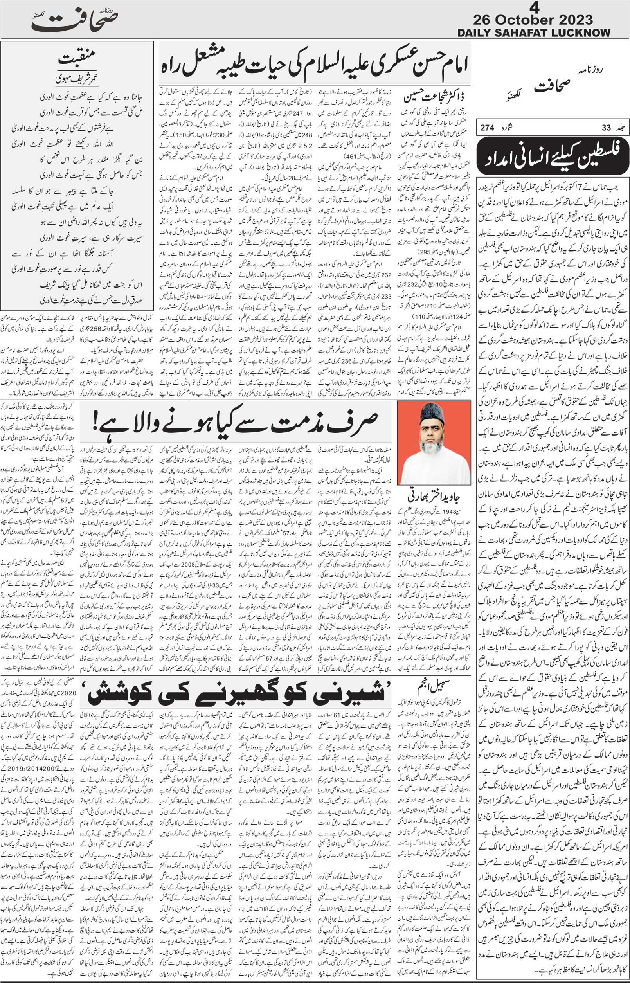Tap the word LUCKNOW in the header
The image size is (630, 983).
coord(581,33)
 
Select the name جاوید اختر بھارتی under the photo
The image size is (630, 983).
coord(434,497)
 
